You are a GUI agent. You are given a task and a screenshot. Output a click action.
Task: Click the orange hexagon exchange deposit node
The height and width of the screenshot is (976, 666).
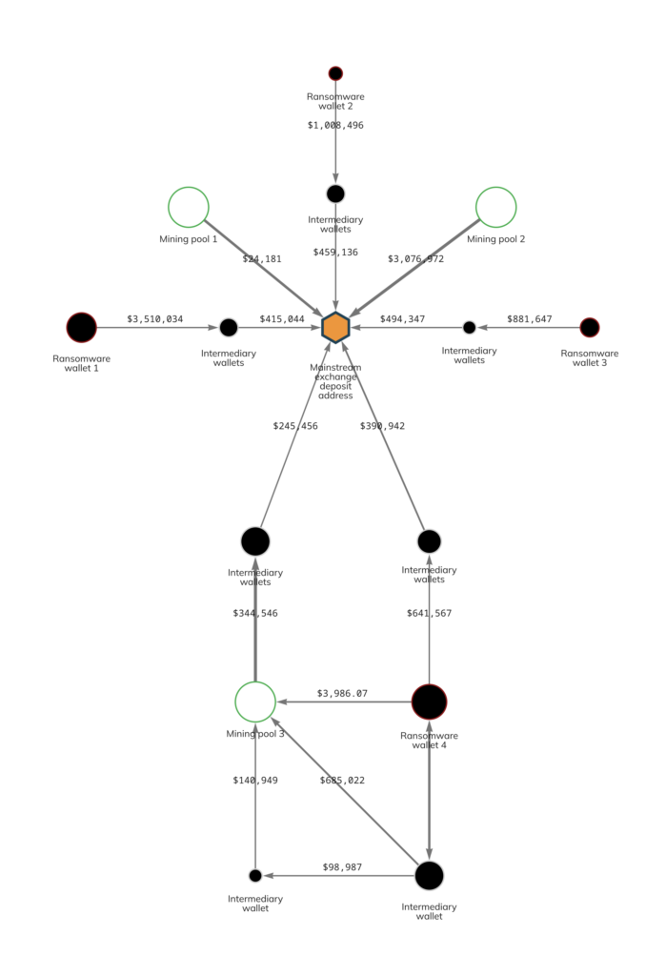click(x=335, y=327)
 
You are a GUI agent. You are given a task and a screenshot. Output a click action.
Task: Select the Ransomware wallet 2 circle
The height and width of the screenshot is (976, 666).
click(x=335, y=73)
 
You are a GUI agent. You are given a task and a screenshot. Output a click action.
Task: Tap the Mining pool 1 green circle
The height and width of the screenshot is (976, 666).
click(x=189, y=207)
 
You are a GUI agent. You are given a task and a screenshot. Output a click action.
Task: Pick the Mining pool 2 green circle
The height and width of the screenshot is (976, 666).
click(x=495, y=207)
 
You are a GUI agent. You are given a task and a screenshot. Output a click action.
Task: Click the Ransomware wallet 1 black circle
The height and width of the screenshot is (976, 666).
click(x=81, y=327)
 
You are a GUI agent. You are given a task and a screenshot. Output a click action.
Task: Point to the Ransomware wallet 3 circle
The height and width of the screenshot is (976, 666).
click(x=590, y=327)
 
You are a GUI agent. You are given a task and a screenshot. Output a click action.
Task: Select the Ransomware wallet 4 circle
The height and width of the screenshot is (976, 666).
click(x=429, y=701)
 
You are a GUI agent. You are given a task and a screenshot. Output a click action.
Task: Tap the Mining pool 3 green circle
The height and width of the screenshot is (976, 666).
click(x=255, y=701)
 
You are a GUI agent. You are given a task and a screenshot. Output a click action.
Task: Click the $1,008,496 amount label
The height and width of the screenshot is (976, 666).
click(x=335, y=125)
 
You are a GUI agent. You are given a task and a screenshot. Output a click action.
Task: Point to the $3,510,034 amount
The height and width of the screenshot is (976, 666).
click(x=155, y=318)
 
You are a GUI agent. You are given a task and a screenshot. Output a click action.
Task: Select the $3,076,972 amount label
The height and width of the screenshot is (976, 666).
click(x=415, y=258)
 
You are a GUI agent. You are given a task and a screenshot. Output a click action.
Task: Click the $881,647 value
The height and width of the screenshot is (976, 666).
click(x=529, y=318)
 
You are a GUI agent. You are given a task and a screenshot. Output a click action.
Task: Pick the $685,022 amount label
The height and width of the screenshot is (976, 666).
click(x=342, y=780)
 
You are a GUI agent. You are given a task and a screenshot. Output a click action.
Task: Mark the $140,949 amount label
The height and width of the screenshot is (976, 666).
click(x=255, y=780)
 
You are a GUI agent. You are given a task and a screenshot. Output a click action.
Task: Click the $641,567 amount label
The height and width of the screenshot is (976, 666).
click(x=429, y=613)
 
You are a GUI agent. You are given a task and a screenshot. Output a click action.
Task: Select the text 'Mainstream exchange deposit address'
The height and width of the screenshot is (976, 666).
click(x=335, y=380)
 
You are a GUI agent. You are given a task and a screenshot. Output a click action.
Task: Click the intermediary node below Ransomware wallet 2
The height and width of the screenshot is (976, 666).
click(x=335, y=193)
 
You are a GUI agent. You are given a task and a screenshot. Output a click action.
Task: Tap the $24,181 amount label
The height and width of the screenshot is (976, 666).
click(x=262, y=258)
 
